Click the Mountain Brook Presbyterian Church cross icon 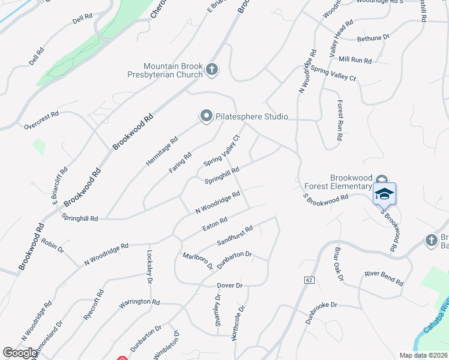point(211,70)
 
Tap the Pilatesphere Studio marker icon point(206,116)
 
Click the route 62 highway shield point(309,280)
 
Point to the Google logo point(20,353)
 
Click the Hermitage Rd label point(162,152)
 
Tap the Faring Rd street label point(180,163)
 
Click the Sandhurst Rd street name point(235,235)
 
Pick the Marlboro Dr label point(198,261)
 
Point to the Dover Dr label point(229,285)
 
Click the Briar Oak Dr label point(338,265)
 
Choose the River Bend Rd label point(384,278)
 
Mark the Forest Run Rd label point(340,121)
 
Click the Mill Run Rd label point(355,61)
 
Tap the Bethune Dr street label point(373,38)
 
